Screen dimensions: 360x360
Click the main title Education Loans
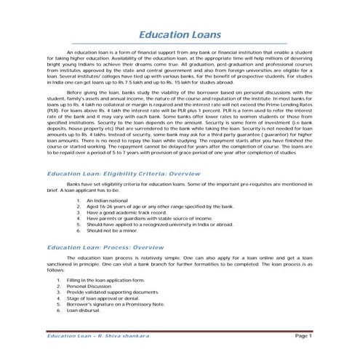click(x=180, y=35)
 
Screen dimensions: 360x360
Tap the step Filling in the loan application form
click(x=105, y=279)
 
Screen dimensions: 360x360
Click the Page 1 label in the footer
click(x=303, y=337)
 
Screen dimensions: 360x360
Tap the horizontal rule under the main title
click(x=180, y=45)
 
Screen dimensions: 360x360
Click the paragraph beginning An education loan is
click(x=180, y=68)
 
